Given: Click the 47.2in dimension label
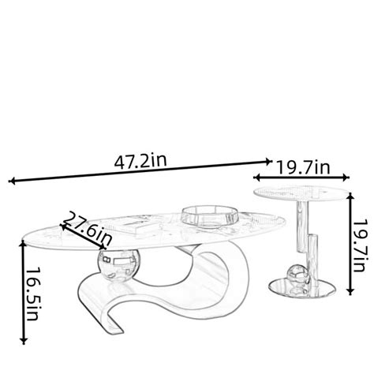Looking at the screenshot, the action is [x=140, y=161].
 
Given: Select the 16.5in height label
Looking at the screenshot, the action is [x=32, y=294].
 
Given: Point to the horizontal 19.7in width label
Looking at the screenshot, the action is [x=303, y=167].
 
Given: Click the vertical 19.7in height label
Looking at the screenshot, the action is [x=359, y=245].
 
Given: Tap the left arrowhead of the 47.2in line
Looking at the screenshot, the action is [x=11, y=181].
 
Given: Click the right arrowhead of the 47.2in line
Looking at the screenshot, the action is [x=269, y=162].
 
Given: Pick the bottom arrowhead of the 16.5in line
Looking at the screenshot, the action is [x=24, y=341].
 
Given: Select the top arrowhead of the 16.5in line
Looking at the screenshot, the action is [x=23, y=243].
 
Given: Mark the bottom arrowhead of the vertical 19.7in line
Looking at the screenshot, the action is [x=350, y=291].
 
